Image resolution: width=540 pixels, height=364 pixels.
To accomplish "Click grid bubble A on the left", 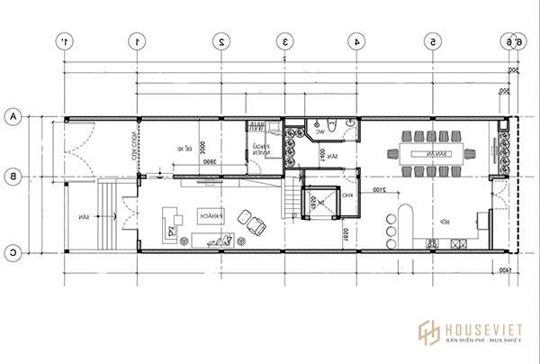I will coord(13,116).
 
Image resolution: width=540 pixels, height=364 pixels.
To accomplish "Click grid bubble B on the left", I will coord(13,178).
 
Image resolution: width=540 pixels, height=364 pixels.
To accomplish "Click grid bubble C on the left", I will coord(13,252).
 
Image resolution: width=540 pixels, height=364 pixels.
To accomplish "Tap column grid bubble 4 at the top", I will coord(357,41).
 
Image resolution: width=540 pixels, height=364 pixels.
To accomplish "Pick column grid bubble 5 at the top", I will coord(433,41).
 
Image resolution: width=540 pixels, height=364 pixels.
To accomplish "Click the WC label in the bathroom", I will coord(319,132).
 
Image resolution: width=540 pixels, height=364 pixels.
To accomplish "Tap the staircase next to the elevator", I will coord(289,200).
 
